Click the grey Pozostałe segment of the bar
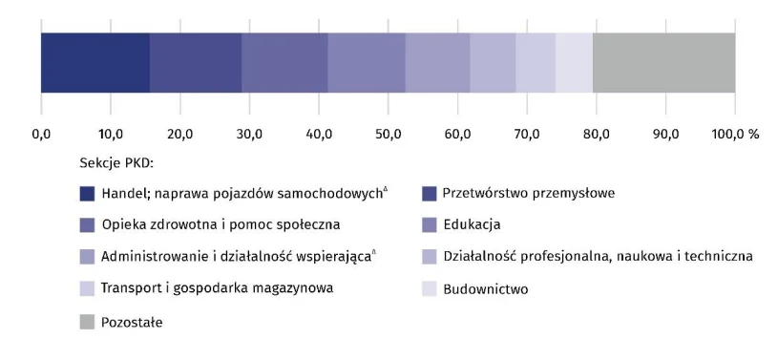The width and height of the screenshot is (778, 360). (x=663, y=63)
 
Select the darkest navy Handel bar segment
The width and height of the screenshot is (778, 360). (x=95, y=63)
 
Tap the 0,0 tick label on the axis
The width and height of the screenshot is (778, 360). (x=41, y=134)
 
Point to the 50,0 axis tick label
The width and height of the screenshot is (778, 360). (x=388, y=134)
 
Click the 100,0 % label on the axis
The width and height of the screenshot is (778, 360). (x=735, y=134)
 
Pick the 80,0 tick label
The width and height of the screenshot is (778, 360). (x=596, y=134)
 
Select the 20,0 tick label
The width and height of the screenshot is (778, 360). (x=179, y=134)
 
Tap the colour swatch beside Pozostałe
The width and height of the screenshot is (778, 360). (x=87, y=323)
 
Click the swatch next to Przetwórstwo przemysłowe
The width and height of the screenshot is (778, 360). (x=429, y=194)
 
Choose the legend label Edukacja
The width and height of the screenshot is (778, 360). (x=472, y=225)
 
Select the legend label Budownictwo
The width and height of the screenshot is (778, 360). (x=486, y=288)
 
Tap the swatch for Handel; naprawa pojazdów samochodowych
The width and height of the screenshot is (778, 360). (x=87, y=194)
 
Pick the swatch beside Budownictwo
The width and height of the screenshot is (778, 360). (x=429, y=288)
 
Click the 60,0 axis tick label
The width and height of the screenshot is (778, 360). (x=457, y=134)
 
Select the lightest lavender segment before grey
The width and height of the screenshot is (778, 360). (x=574, y=63)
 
